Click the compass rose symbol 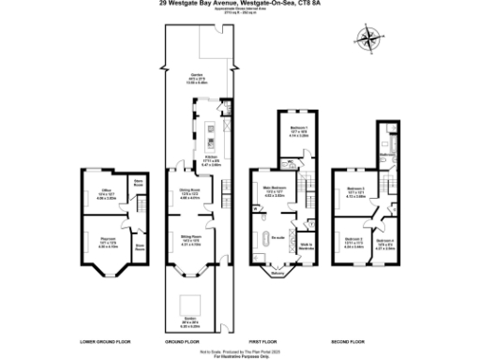pyautogui.click(x=371, y=39)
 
